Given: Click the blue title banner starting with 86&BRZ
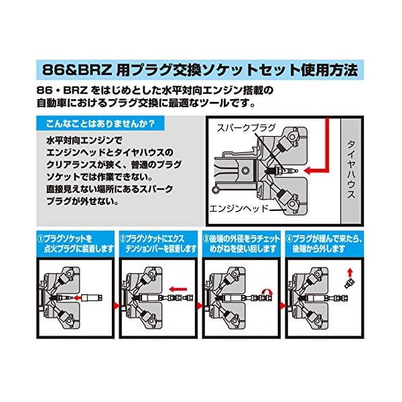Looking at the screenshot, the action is pos(200,70).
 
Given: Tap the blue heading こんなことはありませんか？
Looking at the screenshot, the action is pos(100,123).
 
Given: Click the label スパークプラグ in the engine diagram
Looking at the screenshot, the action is pos(246,127).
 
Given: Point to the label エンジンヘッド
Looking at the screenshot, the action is pos(239,208).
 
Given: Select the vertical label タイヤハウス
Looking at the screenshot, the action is pos(351,170).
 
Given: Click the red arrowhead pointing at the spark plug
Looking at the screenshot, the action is pos(308,170).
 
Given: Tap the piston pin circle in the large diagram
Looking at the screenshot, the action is pos(245,170).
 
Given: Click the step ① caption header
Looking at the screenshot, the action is pos(75,244).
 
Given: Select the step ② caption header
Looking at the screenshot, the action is pos(158,244).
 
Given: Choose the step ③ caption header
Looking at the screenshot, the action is pos(241,244).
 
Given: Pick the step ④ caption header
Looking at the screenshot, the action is pos(324,244).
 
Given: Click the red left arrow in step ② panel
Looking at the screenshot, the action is pos(178,289).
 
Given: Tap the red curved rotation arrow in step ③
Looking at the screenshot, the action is pos(267,291).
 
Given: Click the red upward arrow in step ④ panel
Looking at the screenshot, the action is pos(350,272).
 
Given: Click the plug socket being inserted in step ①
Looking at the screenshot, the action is pos(92,298).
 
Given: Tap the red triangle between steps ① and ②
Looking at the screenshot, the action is pos(117,305).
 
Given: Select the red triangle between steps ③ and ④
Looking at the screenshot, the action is pos(283,305).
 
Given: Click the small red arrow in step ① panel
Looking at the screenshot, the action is pos(76,298).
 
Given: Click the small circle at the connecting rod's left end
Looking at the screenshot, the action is pos(215,190).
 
